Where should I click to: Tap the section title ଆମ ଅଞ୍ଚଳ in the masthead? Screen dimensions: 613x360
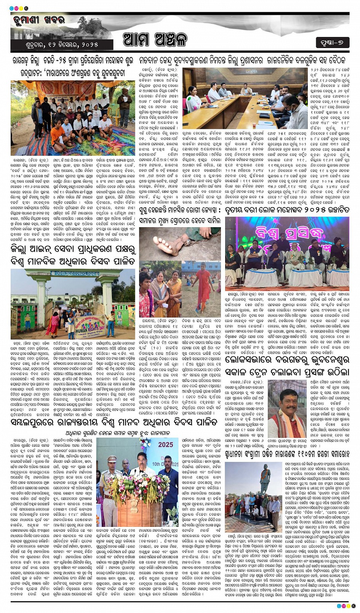(155, 39)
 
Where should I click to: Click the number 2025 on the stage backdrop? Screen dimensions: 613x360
(165, 445)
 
